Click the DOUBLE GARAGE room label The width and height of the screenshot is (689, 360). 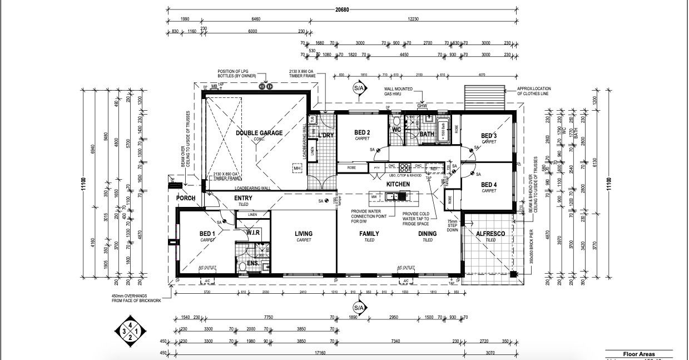(259, 133)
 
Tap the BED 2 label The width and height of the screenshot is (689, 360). (362, 132)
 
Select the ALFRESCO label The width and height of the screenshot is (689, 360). (490, 234)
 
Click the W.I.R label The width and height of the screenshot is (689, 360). (254, 233)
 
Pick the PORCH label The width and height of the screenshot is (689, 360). (185, 198)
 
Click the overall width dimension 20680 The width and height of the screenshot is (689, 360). (343, 9)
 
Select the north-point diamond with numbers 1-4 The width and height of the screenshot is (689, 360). (130, 331)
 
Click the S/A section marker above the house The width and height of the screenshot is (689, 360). (358, 88)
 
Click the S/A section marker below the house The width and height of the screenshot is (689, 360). (358, 308)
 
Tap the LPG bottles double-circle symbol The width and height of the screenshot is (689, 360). (265, 87)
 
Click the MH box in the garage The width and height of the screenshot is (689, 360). (297, 167)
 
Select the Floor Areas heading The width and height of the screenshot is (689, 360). (638, 354)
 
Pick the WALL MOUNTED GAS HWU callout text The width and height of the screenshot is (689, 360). (401, 92)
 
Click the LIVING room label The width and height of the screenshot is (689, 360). (303, 234)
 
